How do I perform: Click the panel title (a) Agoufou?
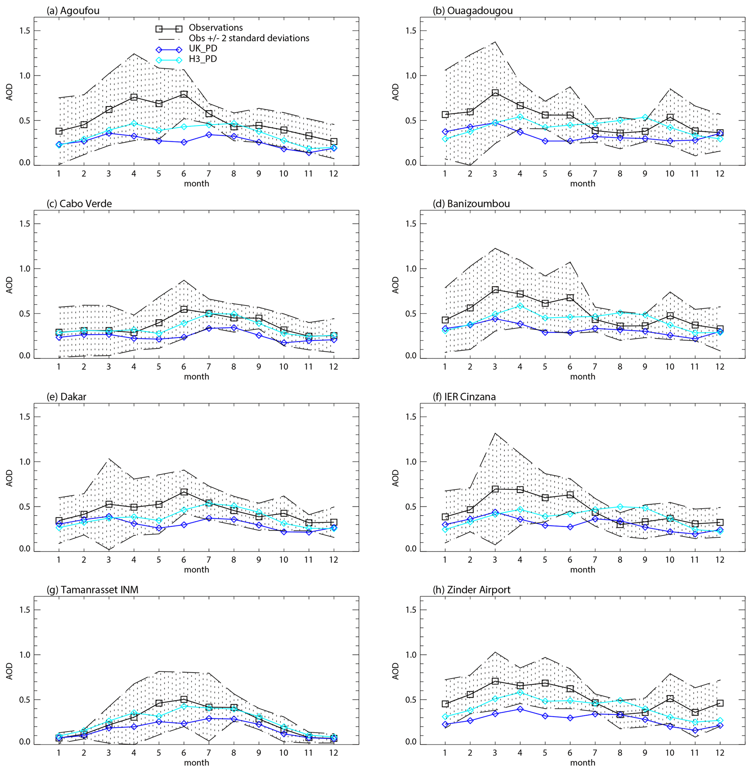pos(73,11)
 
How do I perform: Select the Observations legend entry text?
pos(216,28)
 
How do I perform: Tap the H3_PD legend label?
pos(203,59)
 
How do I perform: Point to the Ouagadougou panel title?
pos(472,11)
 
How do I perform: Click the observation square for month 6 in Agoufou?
pos(184,94)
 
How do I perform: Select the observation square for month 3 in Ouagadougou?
pos(495,93)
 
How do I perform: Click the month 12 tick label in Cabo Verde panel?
pos(333,366)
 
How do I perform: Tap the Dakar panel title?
pos(66,397)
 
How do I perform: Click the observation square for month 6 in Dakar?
pos(184,492)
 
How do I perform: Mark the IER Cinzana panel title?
pos(464,397)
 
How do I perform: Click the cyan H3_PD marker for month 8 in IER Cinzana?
pos(620,507)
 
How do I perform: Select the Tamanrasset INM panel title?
pos(92,590)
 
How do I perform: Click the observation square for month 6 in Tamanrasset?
pos(184,699)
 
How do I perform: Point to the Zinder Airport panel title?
pos(472,590)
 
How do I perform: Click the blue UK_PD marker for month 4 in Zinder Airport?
pos(520,709)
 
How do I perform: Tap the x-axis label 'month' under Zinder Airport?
pos(582,763)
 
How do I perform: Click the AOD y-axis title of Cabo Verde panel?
pos(9,285)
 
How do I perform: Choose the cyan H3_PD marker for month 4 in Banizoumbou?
pos(520,306)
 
